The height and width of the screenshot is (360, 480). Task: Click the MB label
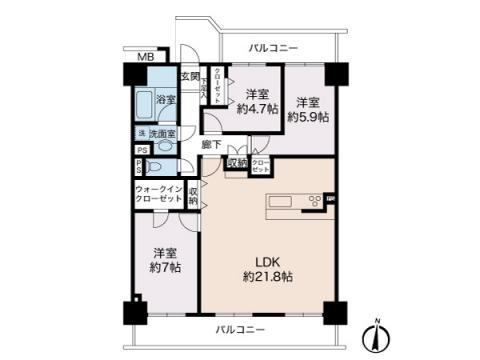[x=145, y=57]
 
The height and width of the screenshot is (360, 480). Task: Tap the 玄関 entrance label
[x=189, y=77]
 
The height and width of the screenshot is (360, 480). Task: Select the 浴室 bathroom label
[x=166, y=100]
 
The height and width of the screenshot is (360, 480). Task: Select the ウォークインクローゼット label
[x=158, y=195]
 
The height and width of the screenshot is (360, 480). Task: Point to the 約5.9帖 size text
[x=307, y=116]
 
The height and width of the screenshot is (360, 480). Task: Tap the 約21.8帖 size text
[x=267, y=274]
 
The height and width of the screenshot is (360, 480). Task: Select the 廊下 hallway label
[x=211, y=144]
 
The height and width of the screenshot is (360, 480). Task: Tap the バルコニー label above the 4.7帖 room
[x=272, y=47]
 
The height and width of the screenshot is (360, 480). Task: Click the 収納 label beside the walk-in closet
[x=192, y=194]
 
